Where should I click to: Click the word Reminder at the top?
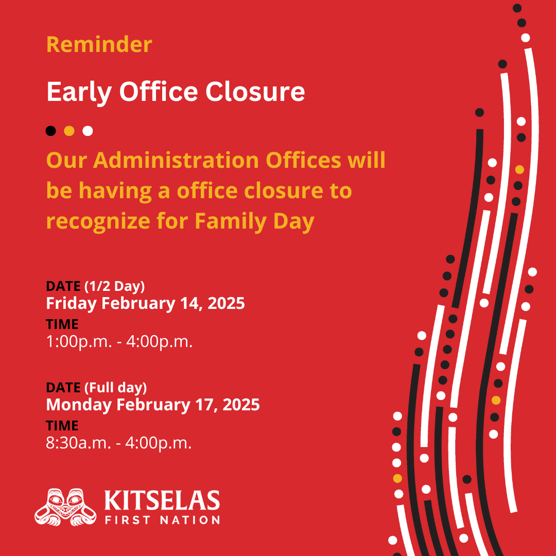click(x=99, y=45)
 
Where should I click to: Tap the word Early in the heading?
click(x=79, y=92)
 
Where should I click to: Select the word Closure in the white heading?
click(x=255, y=92)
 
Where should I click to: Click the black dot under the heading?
click(x=50, y=131)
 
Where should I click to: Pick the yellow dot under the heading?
click(x=69, y=131)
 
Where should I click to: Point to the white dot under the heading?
click(x=88, y=131)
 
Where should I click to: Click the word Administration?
click(x=176, y=160)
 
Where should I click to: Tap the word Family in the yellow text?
click(x=231, y=222)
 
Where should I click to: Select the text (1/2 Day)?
click(x=114, y=286)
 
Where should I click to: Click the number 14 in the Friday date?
click(x=192, y=304)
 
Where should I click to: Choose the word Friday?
click(x=71, y=304)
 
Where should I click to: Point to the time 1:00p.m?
click(x=79, y=342)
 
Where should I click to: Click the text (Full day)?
click(x=116, y=388)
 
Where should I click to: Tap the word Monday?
click(x=79, y=405)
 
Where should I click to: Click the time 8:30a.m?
click(x=78, y=443)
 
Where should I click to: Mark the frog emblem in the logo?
click(x=65, y=507)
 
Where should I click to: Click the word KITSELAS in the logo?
click(x=162, y=501)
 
